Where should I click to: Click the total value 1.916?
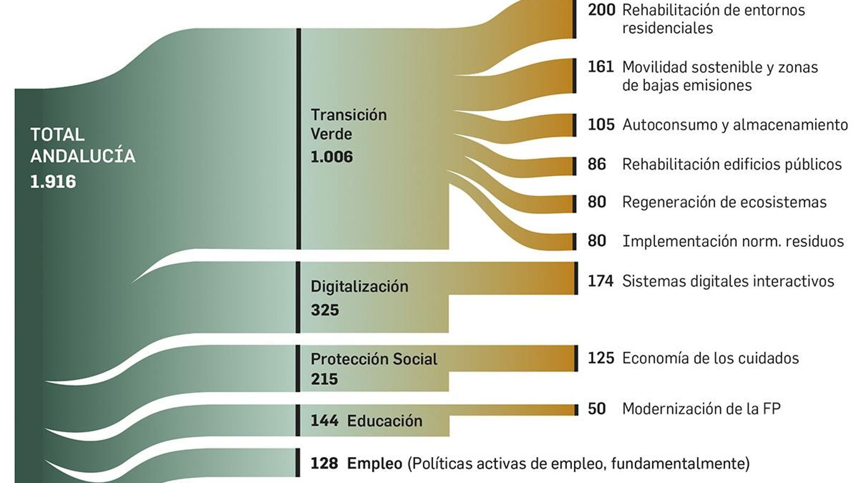pos(53,182)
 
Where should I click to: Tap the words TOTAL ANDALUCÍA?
pos(82,145)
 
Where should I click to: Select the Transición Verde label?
pos(348,124)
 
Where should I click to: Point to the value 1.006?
pos(332,157)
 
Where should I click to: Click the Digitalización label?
pos(359,287)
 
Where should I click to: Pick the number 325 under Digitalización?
pos(325,310)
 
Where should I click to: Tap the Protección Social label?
pos(374,359)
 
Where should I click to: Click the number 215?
pos(324,379)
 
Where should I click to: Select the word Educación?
pos(384,421)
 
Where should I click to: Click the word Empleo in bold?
pos(374,463)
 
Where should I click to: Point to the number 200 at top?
pos(601,10)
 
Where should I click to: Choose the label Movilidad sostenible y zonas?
pos(719,68)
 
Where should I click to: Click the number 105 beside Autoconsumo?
pos(601,125)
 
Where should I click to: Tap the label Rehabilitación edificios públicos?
pos(731,164)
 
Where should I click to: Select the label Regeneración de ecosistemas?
pos(724,202)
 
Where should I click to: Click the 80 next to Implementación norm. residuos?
pos(596,241)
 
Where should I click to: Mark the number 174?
pos(600,281)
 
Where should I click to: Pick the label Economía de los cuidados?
pos(710,358)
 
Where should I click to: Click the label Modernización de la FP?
pos(701,409)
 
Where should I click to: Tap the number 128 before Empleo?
pos(324,463)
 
